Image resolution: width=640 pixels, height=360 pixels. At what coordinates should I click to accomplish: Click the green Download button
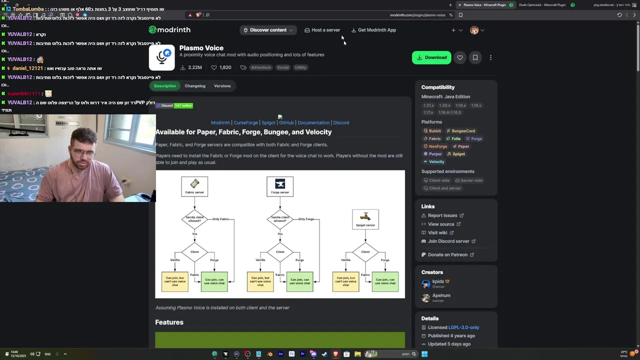(x=431, y=57)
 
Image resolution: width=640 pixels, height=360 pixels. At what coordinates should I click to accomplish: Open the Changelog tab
(x=195, y=86)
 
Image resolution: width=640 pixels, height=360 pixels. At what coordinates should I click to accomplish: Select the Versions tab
(x=222, y=86)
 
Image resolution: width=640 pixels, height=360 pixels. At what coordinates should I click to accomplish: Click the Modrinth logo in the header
(x=169, y=30)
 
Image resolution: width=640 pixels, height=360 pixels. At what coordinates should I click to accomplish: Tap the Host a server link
(x=322, y=30)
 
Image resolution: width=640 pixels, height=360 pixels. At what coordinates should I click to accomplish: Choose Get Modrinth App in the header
(x=373, y=30)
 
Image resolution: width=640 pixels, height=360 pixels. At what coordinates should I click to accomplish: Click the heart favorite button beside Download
(x=460, y=57)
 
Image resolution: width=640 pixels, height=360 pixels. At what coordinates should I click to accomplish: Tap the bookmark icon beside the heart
(x=475, y=57)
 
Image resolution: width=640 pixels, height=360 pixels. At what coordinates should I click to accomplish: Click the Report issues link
(x=442, y=215)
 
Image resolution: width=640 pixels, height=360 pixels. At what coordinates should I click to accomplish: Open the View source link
(x=441, y=224)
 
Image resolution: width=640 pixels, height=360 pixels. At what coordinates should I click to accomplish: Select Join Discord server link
(x=448, y=241)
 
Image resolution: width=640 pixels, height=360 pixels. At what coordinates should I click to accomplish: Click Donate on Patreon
(x=447, y=254)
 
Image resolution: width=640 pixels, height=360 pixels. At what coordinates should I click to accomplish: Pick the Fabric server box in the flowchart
(x=194, y=186)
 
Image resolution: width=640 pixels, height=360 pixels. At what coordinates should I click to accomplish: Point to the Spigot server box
(x=365, y=219)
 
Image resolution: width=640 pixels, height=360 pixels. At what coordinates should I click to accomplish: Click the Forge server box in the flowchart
(x=280, y=186)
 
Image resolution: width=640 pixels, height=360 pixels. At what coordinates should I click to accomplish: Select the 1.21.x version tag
(x=429, y=105)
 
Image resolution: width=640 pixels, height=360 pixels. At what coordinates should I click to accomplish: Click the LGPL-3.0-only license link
(x=463, y=327)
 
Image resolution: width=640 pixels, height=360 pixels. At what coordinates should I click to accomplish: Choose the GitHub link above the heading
(x=286, y=122)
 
